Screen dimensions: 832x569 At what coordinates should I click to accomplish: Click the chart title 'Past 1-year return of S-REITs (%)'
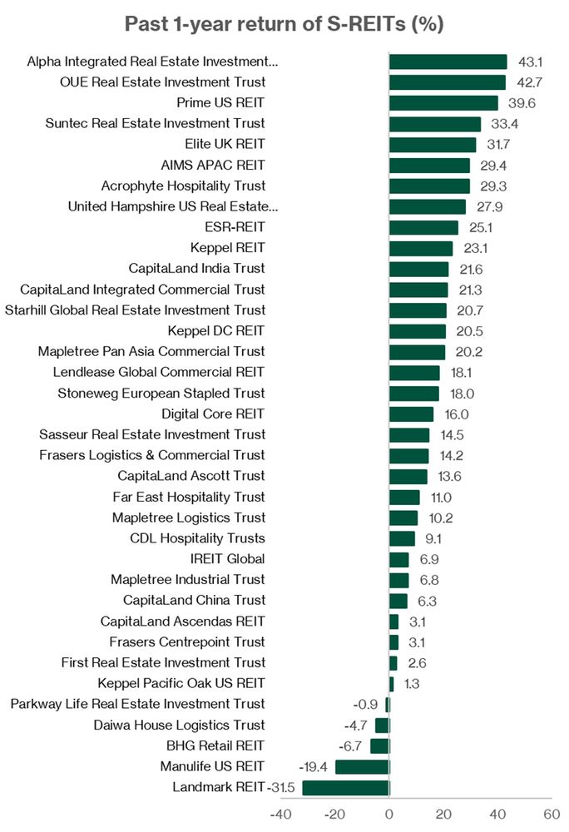pos(284,24)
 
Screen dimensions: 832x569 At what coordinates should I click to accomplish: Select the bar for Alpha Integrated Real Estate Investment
pos(448,62)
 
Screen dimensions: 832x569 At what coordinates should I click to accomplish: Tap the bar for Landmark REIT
pos(345,788)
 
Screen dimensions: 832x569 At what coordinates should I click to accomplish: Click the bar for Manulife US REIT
pos(362,767)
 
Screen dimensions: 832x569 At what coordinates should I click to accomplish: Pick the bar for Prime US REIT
pos(443,103)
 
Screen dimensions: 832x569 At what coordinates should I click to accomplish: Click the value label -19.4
pos(316,767)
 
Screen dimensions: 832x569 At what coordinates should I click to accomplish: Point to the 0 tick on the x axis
pos(389,814)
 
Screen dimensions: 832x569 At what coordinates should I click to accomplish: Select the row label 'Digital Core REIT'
pos(213,414)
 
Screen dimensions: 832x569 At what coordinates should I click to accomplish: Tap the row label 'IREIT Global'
pos(228,559)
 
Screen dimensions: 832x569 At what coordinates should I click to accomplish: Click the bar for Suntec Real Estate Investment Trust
pos(435,124)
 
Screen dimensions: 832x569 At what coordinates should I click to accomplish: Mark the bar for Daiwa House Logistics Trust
pos(383,726)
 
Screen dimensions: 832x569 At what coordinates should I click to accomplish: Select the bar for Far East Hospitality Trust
pos(404,497)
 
